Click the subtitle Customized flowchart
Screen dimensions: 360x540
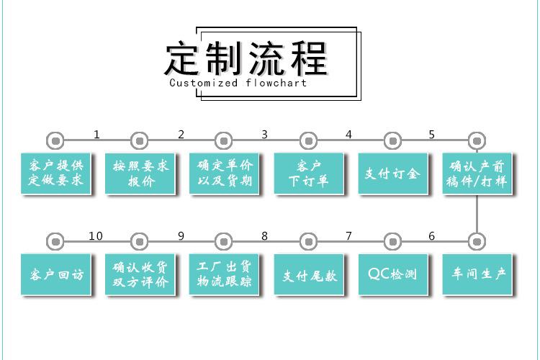pos(238,83)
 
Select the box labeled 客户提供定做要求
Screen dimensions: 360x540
pos(56,173)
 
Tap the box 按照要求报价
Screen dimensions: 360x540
pos(140,173)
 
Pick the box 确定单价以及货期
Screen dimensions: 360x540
pos(225,173)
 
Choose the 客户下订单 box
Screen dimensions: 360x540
pos(308,173)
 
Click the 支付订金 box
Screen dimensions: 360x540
pos(392,173)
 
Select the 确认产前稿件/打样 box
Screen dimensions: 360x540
pos(477,173)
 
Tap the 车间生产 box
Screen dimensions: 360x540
pos(477,274)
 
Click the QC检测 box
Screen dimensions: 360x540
pos(392,274)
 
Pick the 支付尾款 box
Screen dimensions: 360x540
pos(308,274)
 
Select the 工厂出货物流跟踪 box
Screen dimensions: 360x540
pos(225,274)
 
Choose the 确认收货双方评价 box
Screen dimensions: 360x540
pos(140,274)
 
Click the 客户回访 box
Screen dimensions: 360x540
pos(56,274)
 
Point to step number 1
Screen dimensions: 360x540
pos(97,134)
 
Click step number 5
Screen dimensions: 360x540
pos(432,134)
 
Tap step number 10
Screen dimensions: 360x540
pos(96,236)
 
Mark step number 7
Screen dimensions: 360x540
pos(348,236)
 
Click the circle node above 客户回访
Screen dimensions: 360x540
pos(55,241)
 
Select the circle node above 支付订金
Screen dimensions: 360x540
pos(392,140)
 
